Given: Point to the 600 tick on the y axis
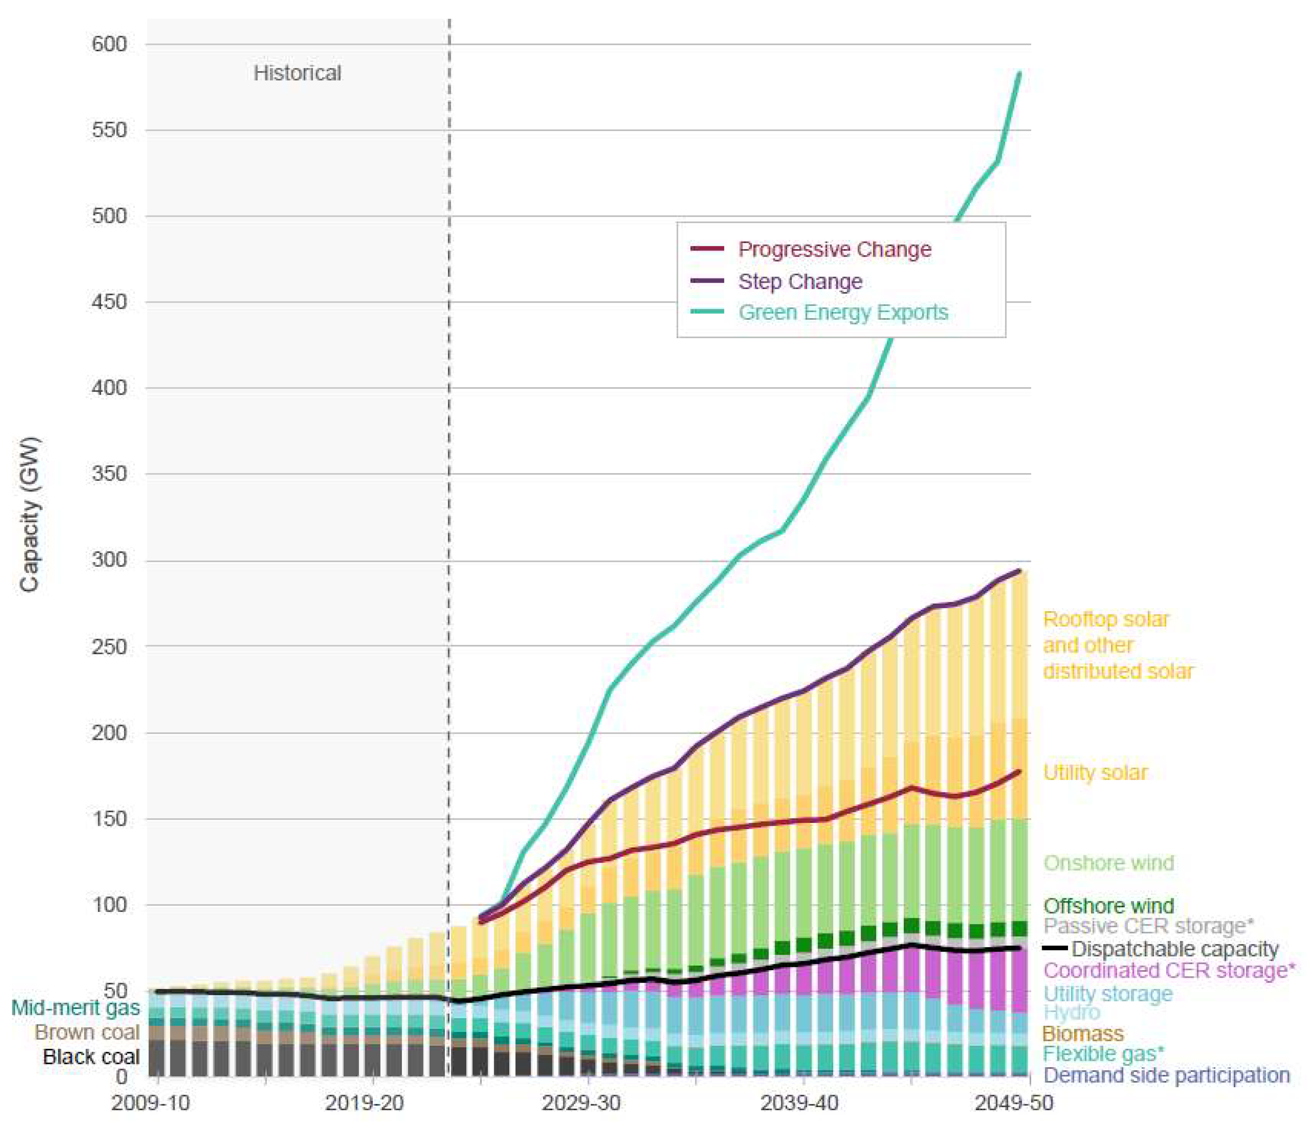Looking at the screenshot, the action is point(109,44).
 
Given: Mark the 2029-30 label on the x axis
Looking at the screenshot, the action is point(581,1102).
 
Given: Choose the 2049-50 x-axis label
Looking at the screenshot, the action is point(1014,1102).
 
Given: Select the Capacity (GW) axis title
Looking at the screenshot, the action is point(29,514).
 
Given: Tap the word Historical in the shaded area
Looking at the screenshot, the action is point(297,73).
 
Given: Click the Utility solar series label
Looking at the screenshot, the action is point(1095,773).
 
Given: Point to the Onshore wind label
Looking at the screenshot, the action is point(1108,863).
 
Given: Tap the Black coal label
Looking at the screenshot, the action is point(92,1057).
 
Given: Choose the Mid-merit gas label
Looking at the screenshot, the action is point(76,1007).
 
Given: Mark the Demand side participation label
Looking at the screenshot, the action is point(1166,1075).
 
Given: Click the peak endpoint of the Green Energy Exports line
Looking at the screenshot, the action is point(1019,73).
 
